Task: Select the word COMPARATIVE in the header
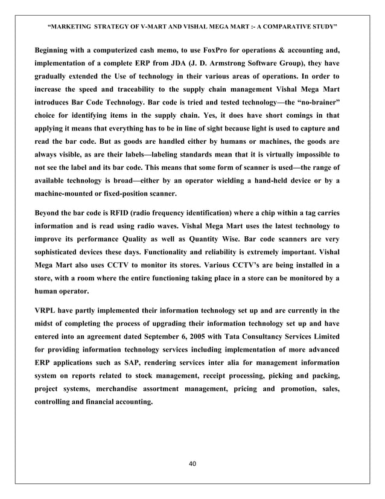tap(279, 27)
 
